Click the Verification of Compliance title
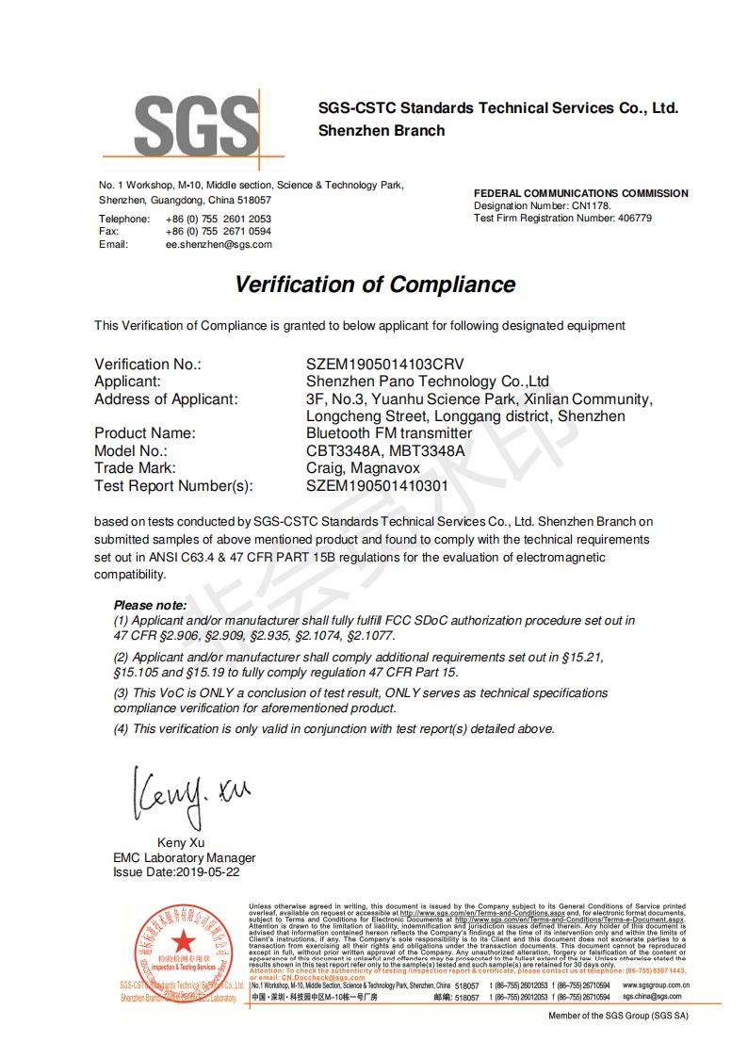pos(375,285)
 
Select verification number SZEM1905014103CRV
pos(385,365)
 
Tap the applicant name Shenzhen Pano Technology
pos(428,382)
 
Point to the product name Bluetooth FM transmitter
pos(389,433)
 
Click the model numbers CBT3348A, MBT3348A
pos(386,450)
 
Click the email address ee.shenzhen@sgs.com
pos(219,244)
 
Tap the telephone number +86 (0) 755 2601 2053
pos(219,219)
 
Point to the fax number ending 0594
pos(219,231)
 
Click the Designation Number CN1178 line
pos(543,205)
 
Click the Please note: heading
pos(150,605)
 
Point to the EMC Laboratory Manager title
pos(184,858)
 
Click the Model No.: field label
pos(131,450)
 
